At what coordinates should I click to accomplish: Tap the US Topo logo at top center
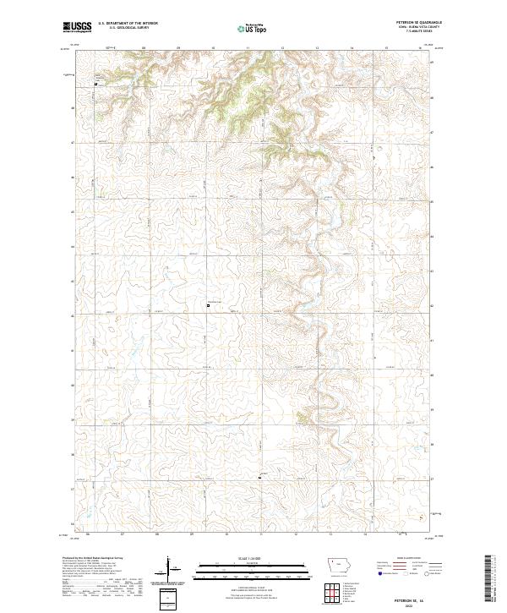(253, 29)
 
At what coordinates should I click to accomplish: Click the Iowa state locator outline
(338, 563)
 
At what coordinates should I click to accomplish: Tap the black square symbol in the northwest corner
(95, 85)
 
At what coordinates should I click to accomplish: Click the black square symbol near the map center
(208, 306)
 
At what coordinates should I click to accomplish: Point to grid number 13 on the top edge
(316, 48)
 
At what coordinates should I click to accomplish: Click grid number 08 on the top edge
(144, 48)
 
